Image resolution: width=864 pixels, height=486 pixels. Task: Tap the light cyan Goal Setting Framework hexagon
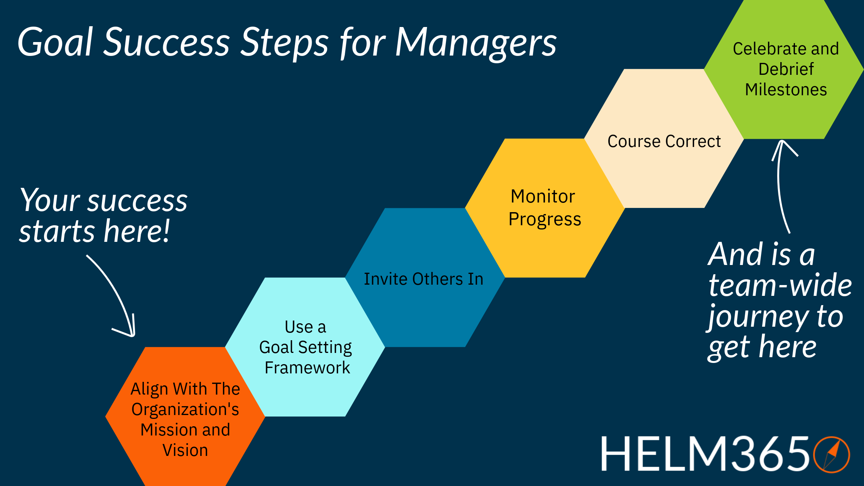click(305, 347)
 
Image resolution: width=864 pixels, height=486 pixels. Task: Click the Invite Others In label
click(423, 279)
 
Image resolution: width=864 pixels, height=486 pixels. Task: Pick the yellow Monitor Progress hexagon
click(545, 208)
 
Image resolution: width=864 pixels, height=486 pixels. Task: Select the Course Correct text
click(664, 141)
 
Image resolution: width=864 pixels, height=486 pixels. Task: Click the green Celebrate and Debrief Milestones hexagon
click(785, 69)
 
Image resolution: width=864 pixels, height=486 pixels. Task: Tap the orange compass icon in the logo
click(831, 454)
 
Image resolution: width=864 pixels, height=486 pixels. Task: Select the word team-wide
click(780, 286)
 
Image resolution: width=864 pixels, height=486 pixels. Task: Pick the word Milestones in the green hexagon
click(786, 89)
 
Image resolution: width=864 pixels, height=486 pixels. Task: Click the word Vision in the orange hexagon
click(185, 450)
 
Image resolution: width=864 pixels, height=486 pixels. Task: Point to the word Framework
click(307, 368)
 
